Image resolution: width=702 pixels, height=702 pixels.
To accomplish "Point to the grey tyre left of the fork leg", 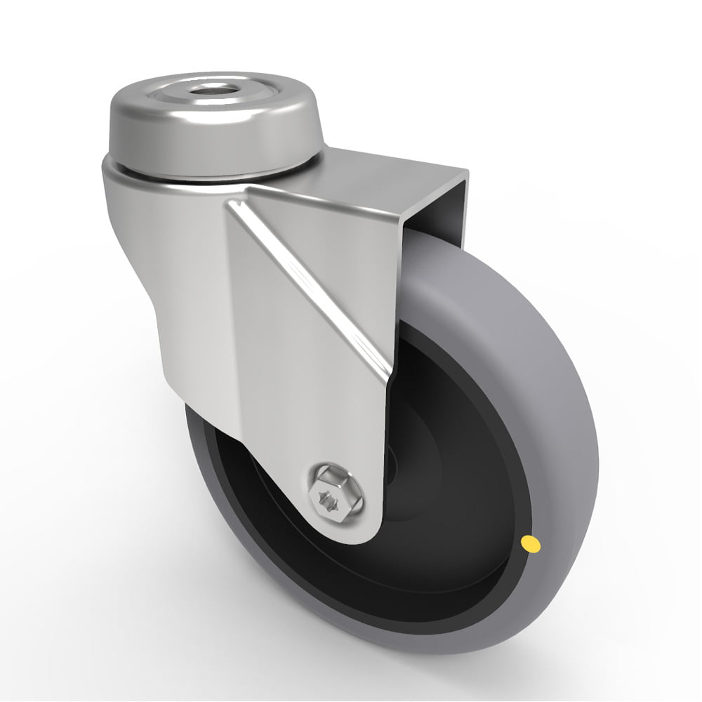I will (x=197, y=449).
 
